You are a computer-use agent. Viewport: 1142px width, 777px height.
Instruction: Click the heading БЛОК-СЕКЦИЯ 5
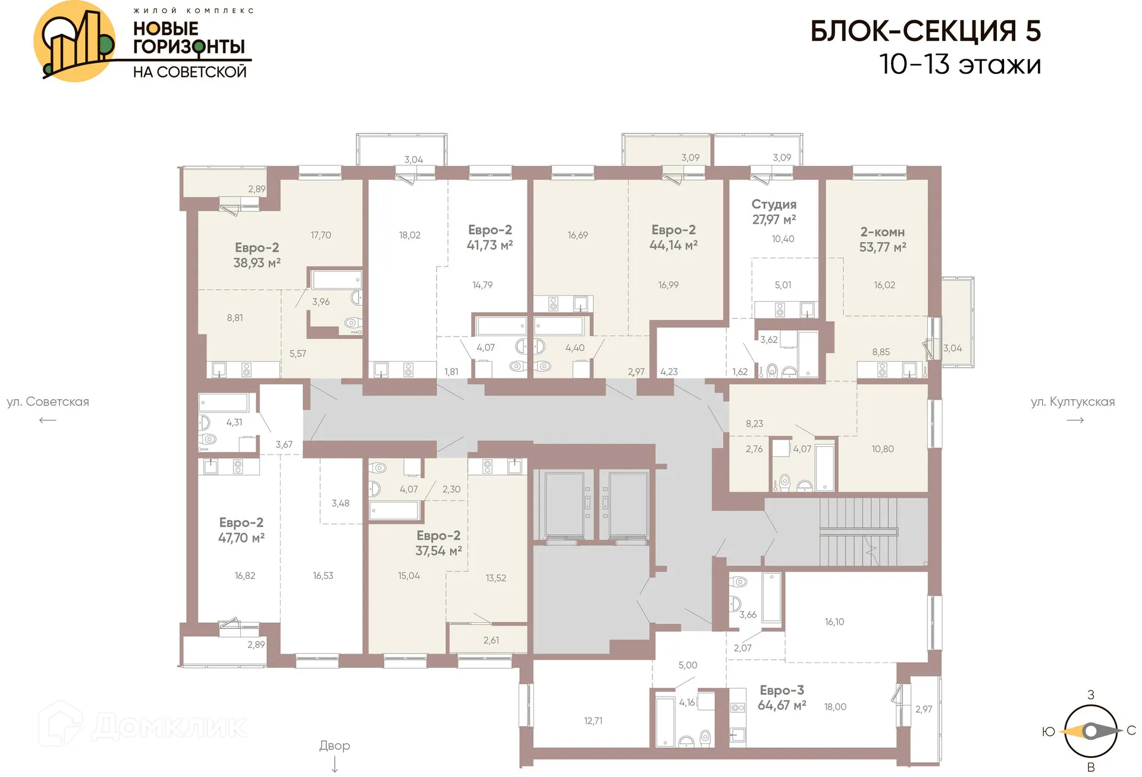(925, 31)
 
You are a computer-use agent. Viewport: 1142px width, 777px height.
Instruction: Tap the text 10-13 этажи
(959, 64)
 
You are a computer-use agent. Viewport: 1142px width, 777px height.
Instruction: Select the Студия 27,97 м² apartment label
(774, 212)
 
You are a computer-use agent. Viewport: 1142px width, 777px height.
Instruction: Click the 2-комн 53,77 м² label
(882, 239)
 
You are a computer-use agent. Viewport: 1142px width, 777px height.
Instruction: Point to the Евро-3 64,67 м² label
(782, 698)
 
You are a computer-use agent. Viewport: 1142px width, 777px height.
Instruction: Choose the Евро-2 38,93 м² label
(256, 255)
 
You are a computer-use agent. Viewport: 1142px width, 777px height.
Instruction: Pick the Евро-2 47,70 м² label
(241, 530)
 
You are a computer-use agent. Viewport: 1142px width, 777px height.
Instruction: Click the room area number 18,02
(409, 235)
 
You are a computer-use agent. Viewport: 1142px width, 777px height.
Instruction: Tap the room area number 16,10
(834, 622)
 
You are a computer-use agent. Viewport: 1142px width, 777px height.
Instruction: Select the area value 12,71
(593, 720)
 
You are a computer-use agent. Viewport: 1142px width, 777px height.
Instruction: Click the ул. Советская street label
(48, 402)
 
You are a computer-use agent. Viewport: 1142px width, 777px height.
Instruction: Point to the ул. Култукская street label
(1072, 402)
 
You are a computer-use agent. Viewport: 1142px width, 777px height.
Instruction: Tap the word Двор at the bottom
(334, 745)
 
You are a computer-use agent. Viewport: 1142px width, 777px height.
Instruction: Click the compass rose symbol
(1090, 731)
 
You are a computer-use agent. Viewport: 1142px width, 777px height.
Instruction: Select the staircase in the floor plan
(858, 531)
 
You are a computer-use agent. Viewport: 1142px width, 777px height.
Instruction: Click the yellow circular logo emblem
(74, 41)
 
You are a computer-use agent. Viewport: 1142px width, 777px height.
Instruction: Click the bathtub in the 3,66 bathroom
(771, 597)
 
